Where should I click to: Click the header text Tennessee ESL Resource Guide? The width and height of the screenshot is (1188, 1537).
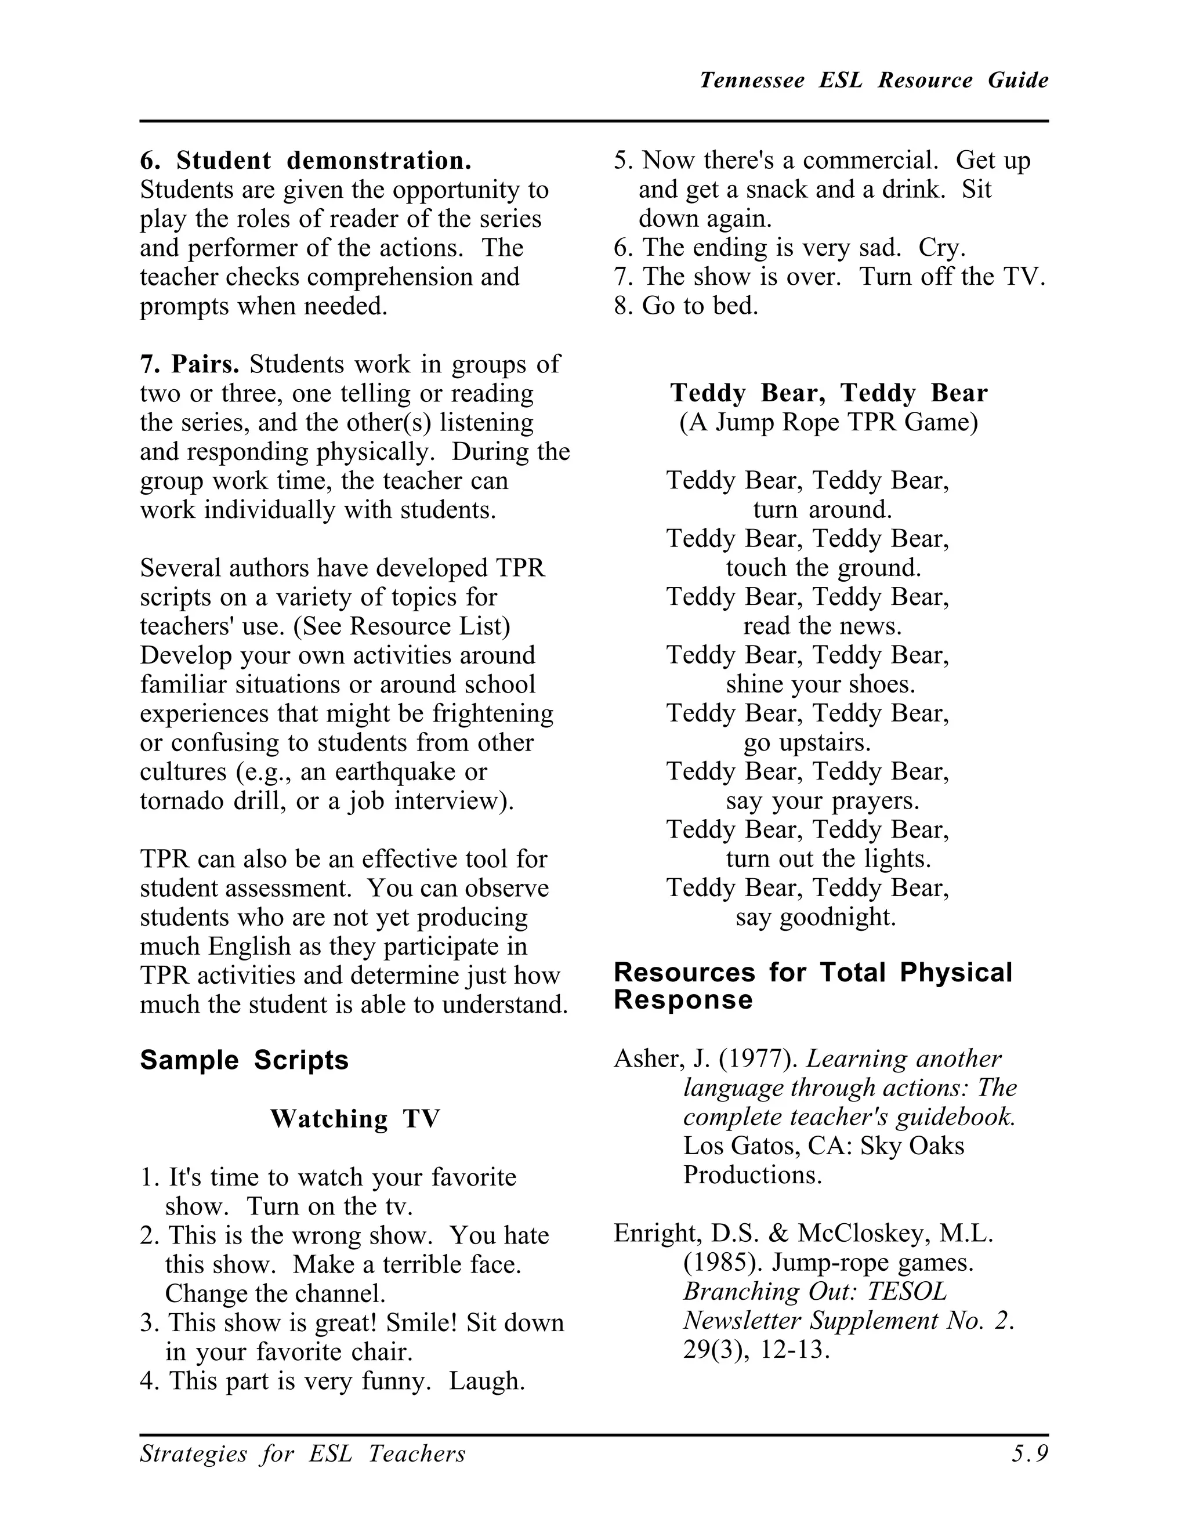[874, 80]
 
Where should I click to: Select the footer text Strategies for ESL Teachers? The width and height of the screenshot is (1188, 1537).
[303, 1453]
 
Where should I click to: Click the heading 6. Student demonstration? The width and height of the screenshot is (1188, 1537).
[306, 161]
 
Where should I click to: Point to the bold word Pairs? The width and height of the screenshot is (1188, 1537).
[205, 365]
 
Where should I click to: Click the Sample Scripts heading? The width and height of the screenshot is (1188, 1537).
[244, 1060]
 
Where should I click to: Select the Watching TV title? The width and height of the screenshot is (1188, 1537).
[354, 1118]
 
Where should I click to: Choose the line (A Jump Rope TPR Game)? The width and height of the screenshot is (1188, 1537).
[828, 422]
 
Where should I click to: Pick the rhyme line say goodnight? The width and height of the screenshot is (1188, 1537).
[816, 917]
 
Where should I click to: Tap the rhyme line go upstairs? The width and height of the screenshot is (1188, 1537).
[807, 742]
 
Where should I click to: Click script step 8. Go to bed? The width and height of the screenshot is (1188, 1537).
[686, 306]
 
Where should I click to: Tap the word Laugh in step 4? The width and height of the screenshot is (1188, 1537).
[487, 1381]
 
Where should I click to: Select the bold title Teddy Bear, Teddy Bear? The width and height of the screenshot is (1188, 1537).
[828, 393]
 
